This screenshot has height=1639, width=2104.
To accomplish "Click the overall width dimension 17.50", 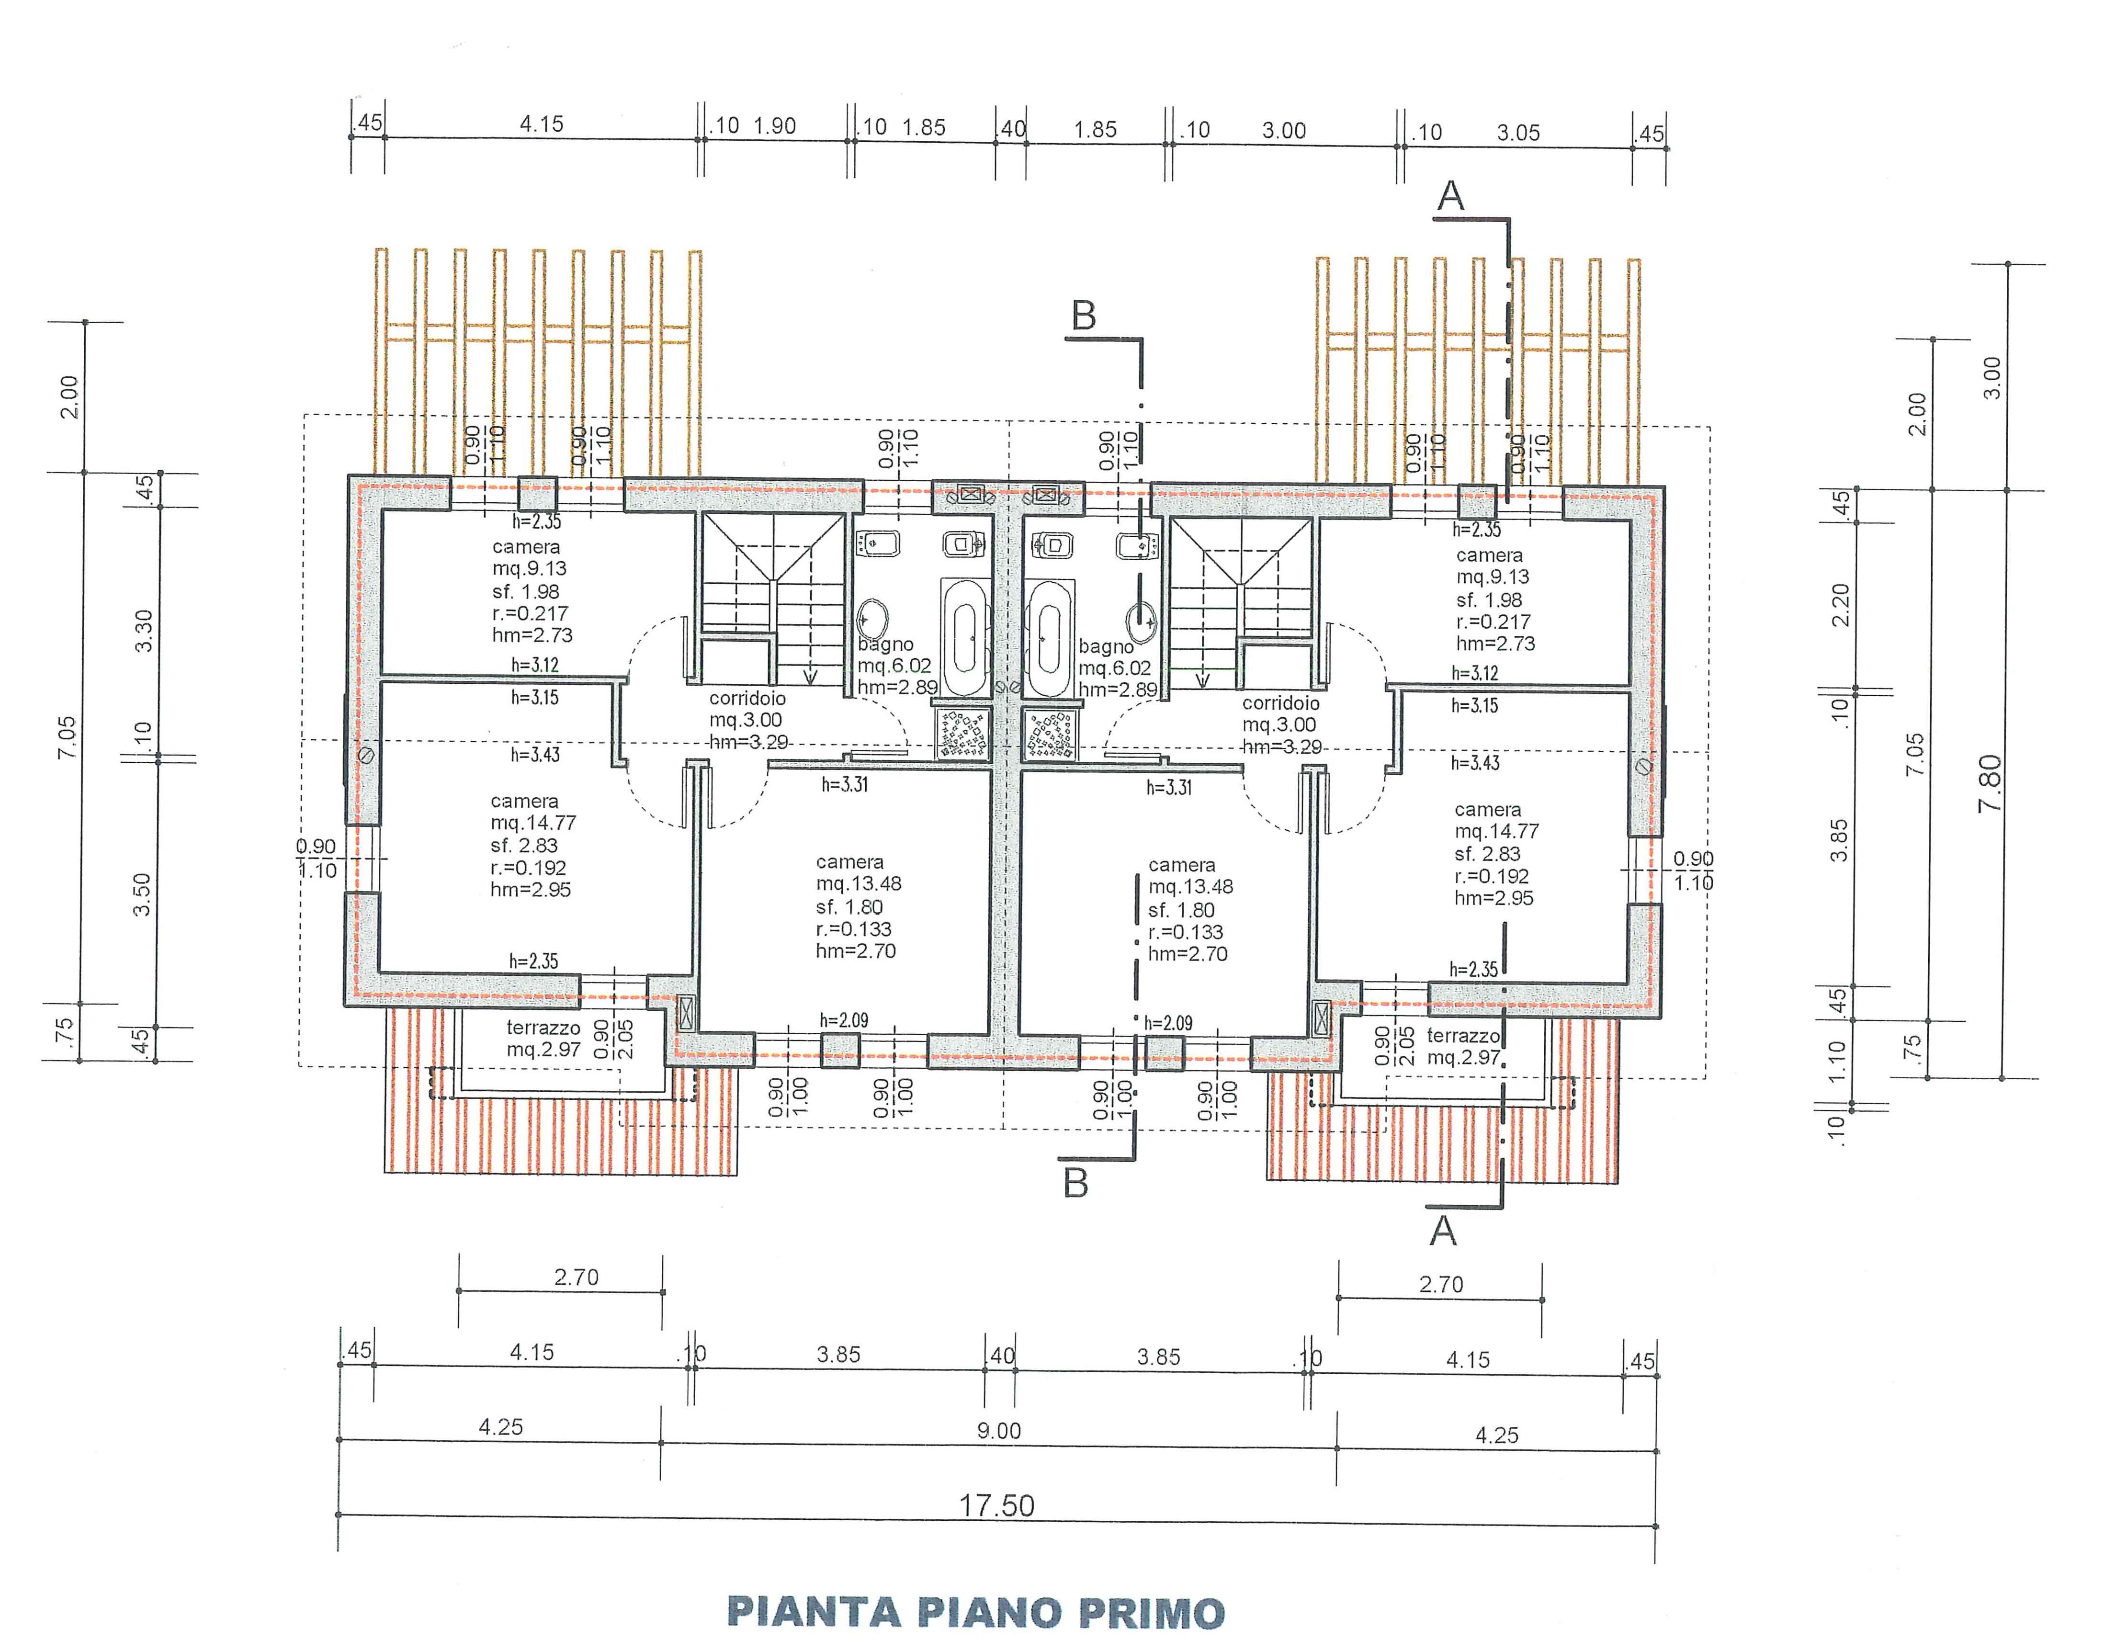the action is (x=996, y=1505).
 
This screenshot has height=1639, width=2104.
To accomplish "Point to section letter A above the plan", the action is (x=1451, y=197).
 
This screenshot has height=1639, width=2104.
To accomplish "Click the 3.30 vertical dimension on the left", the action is (x=143, y=631).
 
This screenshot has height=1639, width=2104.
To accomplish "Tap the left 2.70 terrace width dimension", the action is (x=576, y=1277).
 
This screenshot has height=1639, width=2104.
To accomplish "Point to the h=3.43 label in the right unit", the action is (x=1475, y=763).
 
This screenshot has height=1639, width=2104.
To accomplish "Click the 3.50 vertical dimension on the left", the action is (x=142, y=894).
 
